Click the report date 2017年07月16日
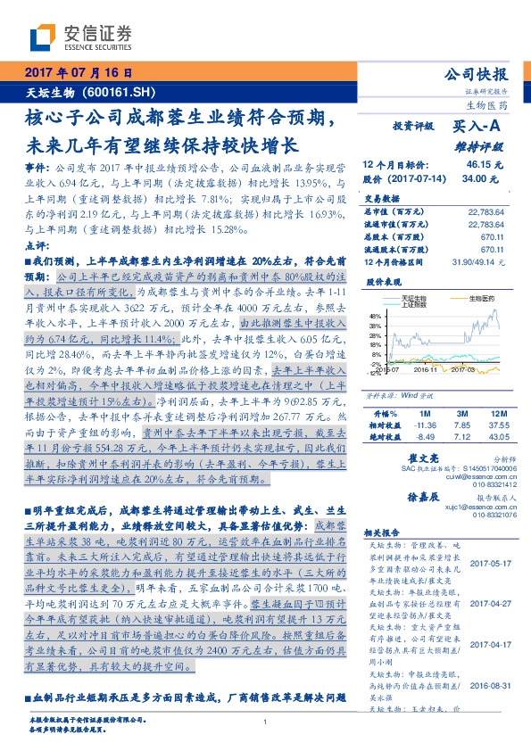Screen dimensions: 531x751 pyautogui.click(x=78, y=71)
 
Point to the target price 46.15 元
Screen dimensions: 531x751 pyautogui.click(x=485, y=165)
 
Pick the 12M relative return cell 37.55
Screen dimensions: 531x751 pyautogui.click(x=494, y=425)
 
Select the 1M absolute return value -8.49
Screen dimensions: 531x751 pyautogui.click(x=419, y=437)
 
